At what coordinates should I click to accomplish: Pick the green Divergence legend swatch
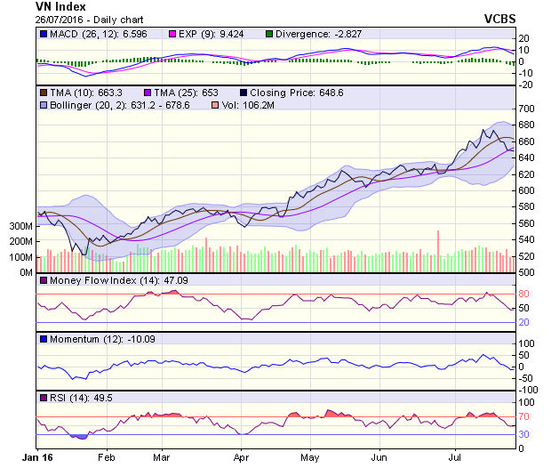click(270, 34)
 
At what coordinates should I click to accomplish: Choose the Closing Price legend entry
click(285, 92)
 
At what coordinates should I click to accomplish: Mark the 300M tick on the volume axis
click(20, 227)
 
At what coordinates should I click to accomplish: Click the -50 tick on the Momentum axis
click(525, 378)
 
